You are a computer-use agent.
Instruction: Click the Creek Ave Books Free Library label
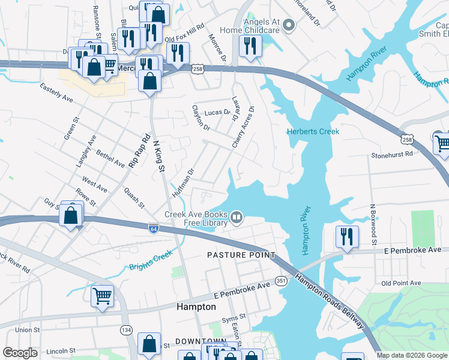(196, 219)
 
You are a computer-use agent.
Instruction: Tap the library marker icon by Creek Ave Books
(237, 217)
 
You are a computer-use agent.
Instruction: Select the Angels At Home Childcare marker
(289, 25)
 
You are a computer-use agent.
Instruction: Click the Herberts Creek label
(313, 131)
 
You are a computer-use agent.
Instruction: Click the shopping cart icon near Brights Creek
(102, 295)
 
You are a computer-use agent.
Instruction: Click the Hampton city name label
(196, 307)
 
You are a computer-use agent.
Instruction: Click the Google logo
(20, 353)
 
